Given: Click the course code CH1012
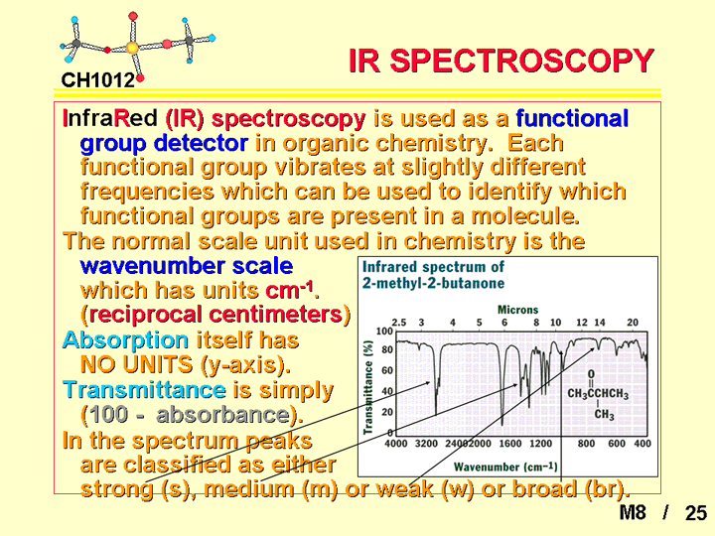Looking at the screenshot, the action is pyautogui.click(x=98, y=80).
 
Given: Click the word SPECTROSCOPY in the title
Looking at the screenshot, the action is pyautogui.click(x=521, y=61).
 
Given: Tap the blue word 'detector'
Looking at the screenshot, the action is pyautogui.click(x=201, y=143).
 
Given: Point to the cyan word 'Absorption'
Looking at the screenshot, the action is pyautogui.click(x=125, y=340).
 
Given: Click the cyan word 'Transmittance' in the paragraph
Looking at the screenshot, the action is pyautogui.click(x=144, y=390).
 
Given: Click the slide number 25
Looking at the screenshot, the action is pyautogui.click(x=696, y=513).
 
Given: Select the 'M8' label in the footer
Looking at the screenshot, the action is pyautogui.click(x=633, y=512).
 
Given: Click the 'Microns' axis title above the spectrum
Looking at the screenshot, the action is pyautogui.click(x=517, y=310).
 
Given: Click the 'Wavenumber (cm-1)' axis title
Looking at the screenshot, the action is pyautogui.click(x=505, y=467).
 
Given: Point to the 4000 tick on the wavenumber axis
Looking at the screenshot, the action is pyautogui.click(x=396, y=444).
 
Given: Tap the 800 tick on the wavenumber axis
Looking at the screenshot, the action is pyautogui.click(x=586, y=444).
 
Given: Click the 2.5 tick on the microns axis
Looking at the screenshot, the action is pyautogui.click(x=399, y=323).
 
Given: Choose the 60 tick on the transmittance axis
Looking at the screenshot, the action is pyautogui.click(x=387, y=370).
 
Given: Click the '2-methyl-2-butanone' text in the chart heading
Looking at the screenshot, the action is pyautogui.click(x=433, y=283).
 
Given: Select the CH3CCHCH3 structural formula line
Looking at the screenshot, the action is pyautogui.click(x=598, y=394).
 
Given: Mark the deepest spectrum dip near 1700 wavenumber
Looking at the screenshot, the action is pyautogui.click(x=502, y=424).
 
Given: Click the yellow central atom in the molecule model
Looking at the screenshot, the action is pyautogui.click(x=132, y=47).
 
